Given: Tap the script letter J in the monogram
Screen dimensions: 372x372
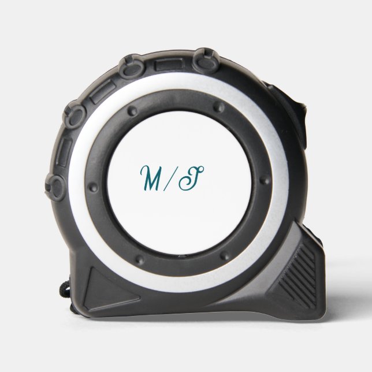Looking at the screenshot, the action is (x=191, y=178).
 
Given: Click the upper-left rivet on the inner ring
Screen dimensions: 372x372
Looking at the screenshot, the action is (x=132, y=111).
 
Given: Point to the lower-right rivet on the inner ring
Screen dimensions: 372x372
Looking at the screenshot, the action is (x=225, y=256).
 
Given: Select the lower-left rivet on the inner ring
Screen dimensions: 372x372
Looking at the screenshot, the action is (x=140, y=259).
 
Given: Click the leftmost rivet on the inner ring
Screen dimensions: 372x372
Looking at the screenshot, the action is (x=93, y=187).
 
